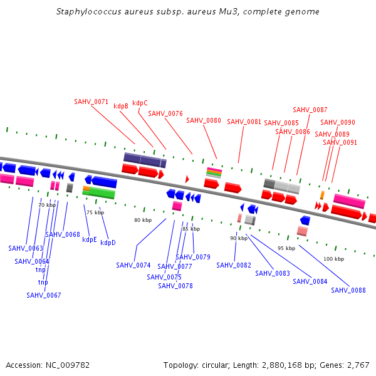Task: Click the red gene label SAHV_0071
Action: pyautogui.click(x=91, y=102)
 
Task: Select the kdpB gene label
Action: pyautogui.click(x=121, y=107)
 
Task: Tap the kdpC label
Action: pyautogui.click(x=140, y=103)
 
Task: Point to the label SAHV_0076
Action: pyautogui.click(x=165, y=113)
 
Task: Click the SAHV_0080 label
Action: pyautogui.click(x=204, y=120)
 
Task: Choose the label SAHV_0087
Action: pyautogui.click(x=310, y=110)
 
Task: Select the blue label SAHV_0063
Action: pyautogui.click(x=26, y=248)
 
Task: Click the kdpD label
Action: pyautogui.click(x=108, y=243)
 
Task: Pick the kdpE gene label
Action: pyautogui.click(x=90, y=239)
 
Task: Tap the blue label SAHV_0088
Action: pyautogui.click(x=348, y=290)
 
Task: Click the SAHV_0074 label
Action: pyautogui.click(x=133, y=265)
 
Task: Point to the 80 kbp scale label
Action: pyautogui.click(x=143, y=220)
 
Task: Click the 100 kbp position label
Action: pyautogui.click(x=333, y=259)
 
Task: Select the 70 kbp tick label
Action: pyautogui.click(x=47, y=205)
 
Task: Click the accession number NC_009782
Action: pyautogui.click(x=68, y=365)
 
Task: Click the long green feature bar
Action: pyautogui.click(x=99, y=194)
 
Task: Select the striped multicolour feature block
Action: pyautogui.click(x=214, y=172)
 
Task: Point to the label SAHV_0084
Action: pyautogui.click(x=310, y=281)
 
